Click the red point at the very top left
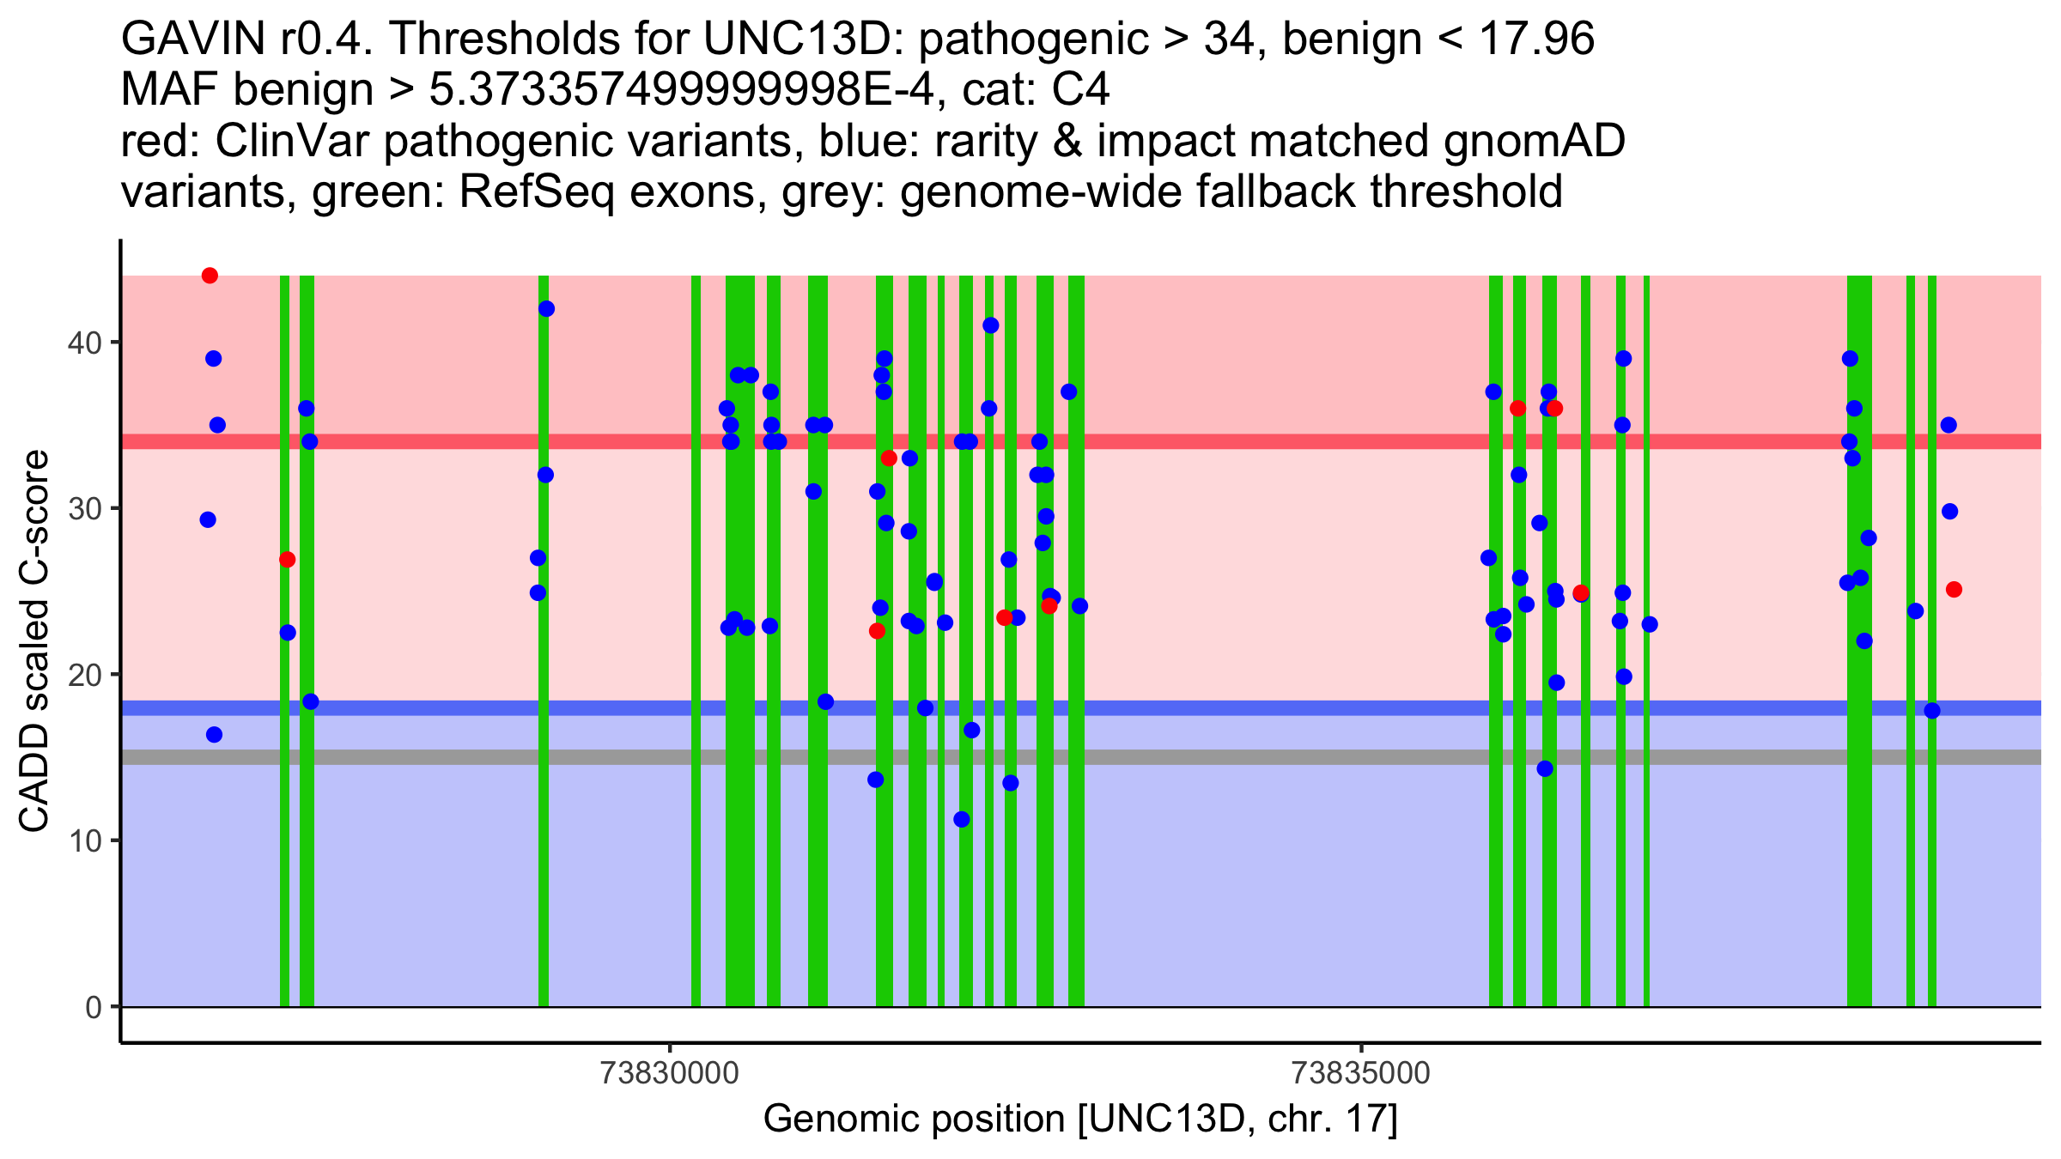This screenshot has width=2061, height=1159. click(x=210, y=276)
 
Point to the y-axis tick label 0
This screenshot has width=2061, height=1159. click(x=93, y=1007)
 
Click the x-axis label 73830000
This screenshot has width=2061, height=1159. click(x=670, y=1073)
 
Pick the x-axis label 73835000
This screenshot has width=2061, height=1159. click(x=1361, y=1073)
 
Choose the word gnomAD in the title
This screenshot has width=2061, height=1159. click(x=1534, y=141)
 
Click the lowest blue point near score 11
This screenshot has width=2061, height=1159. click(x=962, y=819)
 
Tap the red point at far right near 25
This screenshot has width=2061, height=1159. click(x=1954, y=589)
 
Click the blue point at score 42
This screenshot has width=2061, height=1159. click(x=546, y=309)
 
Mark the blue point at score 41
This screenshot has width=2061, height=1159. click(x=990, y=325)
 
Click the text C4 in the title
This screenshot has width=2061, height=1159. click(x=1081, y=90)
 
